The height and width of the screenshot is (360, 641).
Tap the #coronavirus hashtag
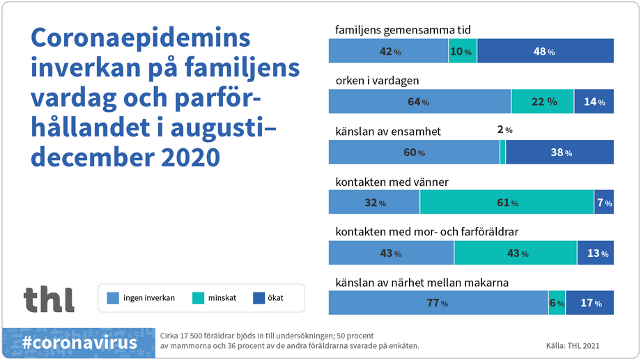pyautogui.click(x=79, y=343)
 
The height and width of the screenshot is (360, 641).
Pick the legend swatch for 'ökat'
pyautogui.click(x=258, y=298)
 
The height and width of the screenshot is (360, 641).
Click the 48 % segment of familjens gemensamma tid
pyautogui.click(x=545, y=52)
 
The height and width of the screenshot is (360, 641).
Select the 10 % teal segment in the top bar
pyautogui.click(x=463, y=52)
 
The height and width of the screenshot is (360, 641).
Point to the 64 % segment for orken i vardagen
pyautogui.click(x=419, y=102)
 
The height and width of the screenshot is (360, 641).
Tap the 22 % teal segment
pyautogui.click(x=542, y=102)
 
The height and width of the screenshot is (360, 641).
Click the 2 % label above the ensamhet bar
pyautogui.click(x=504, y=130)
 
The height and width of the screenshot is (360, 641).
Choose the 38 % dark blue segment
pyautogui.click(x=559, y=152)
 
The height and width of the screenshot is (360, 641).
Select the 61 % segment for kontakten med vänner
pyautogui.click(x=507, y=203)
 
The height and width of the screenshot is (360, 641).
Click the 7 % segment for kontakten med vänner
pyautogui.click(x=604, y=203)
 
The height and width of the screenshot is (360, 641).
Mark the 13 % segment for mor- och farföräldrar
pyautogui.click(x=596, y=253)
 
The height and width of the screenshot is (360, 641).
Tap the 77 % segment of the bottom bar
pyautogui.click(x=438, y=303)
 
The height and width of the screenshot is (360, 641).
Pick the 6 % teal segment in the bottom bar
pyautogui.click(x=557, y=303)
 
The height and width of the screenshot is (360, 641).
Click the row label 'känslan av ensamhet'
pyautogui.click(x=388, y=132)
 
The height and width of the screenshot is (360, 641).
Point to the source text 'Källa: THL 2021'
pyautogui.click(x=572, y=345)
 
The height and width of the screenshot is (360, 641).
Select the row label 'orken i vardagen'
pyautogui.click(x=377, y=81)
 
